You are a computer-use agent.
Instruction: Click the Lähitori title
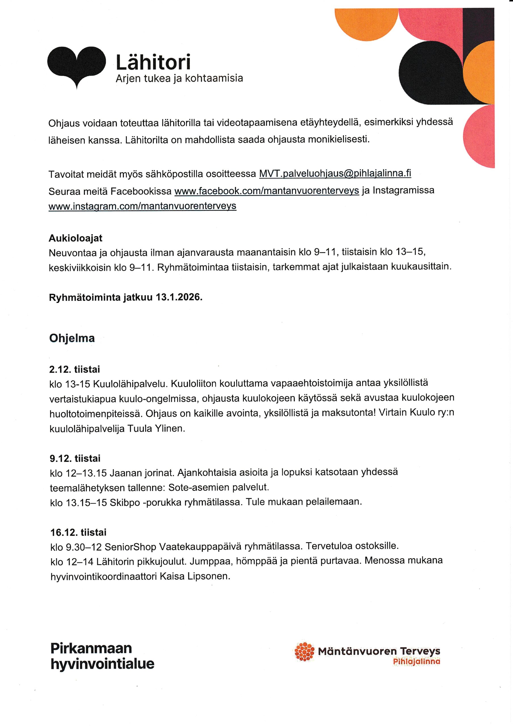click(153, 62)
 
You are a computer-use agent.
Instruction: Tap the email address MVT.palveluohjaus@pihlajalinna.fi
click(335, 174)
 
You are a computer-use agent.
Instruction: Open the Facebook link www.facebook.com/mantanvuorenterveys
click(267, 191)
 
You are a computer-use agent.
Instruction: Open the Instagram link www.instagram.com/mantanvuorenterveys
click(142, 206)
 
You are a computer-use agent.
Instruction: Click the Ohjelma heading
click(72, 338)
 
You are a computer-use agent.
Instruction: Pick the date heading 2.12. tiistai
click(75, 369)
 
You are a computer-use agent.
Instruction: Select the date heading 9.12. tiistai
click(75, 458)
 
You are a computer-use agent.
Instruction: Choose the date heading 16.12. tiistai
click(78, 532)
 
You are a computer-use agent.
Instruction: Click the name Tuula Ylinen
click(156, 429)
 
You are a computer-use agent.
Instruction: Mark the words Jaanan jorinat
click(142, 473)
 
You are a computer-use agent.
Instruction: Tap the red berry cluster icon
click(304, 652)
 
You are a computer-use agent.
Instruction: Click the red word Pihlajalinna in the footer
click(416, 662)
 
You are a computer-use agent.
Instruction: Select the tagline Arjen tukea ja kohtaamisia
click(179, 79)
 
